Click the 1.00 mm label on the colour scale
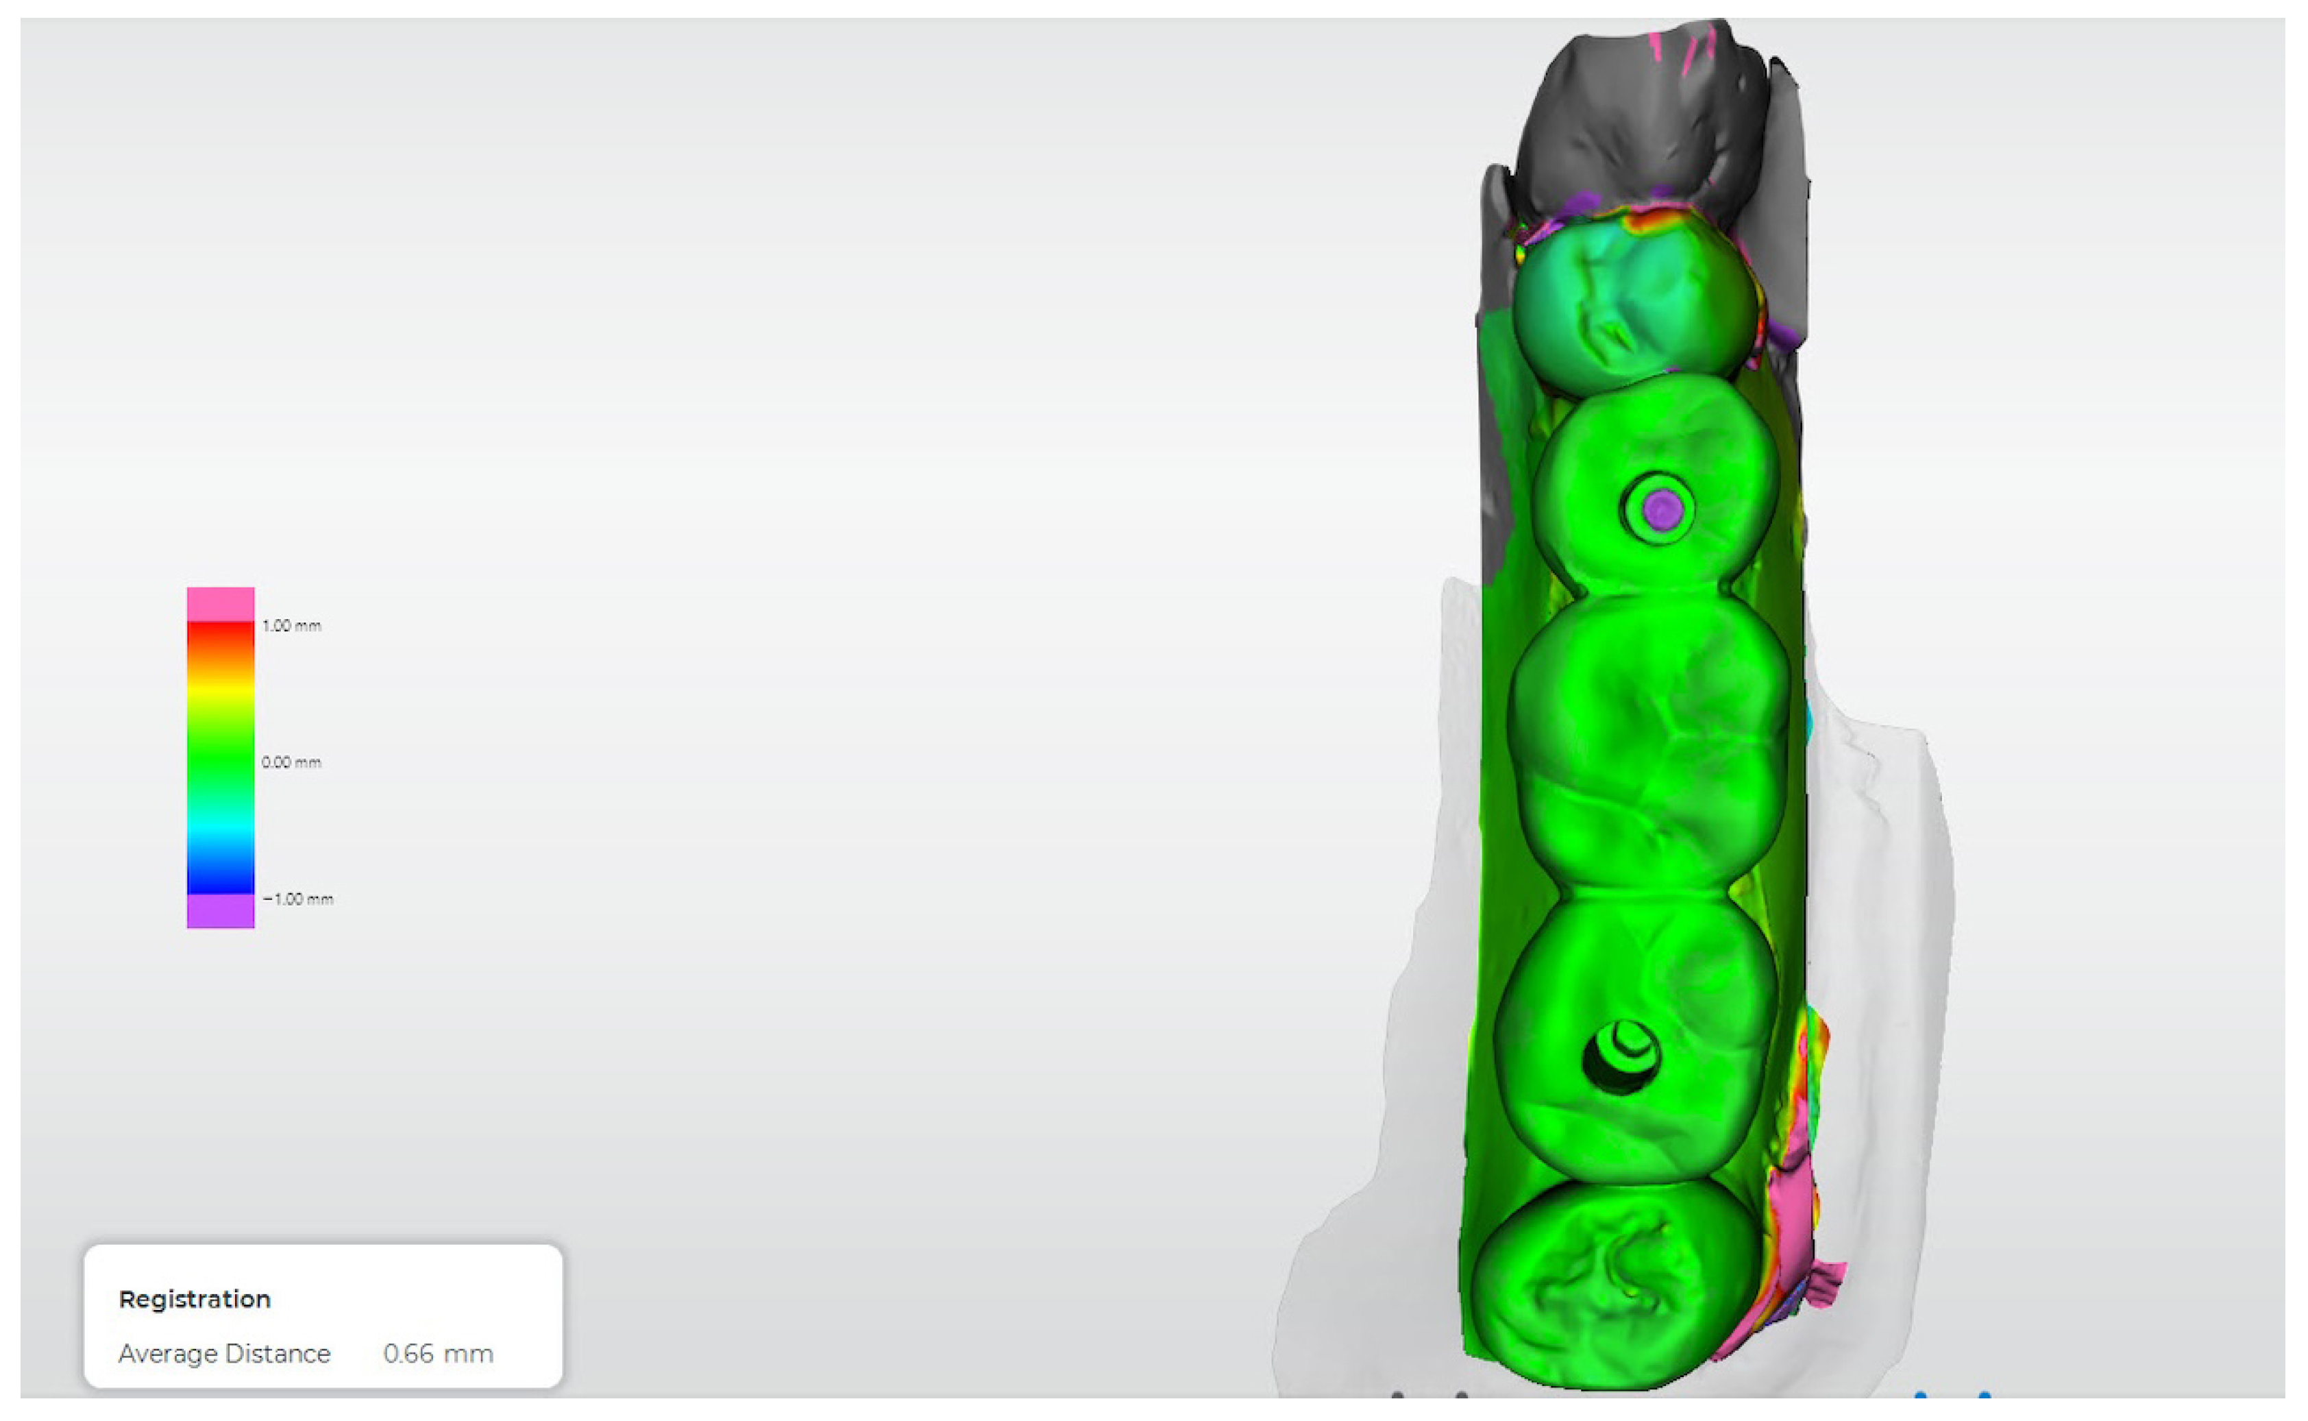click(x=291, y=626)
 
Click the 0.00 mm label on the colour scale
click(x=291, y=762)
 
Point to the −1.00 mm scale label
click(x=298, y=899)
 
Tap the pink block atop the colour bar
click(x=221, y=605)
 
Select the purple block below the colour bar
click(x=221, y=911)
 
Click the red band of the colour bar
click(x=221, y=634)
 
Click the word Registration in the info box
click(x=195, y=1299)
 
